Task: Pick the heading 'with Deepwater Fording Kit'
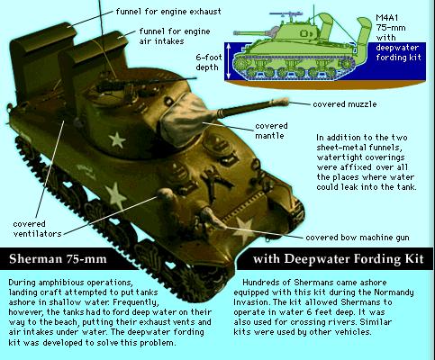pos(333,262)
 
